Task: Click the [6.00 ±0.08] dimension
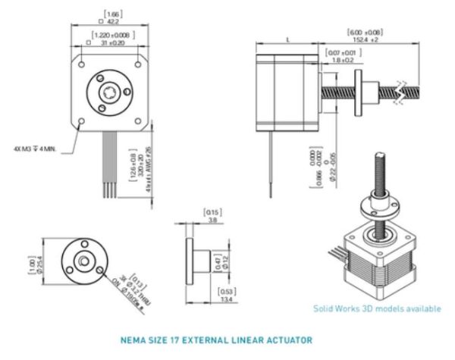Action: click(365, 33)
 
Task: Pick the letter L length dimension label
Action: click(288, 38)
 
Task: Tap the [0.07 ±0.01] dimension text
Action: click(339, 52)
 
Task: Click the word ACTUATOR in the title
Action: click(287, 340)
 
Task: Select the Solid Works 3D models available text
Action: click(377, 308)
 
